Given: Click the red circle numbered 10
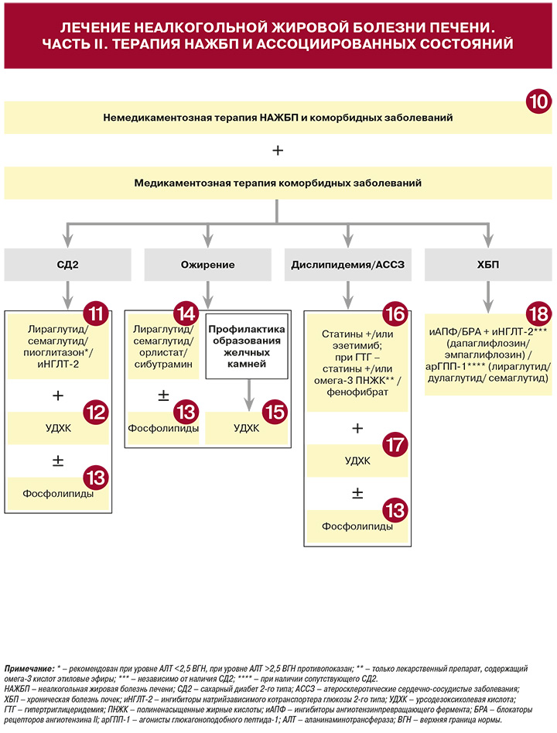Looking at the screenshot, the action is tap(538, 101).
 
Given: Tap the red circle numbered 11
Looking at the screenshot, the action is tap(96, 313).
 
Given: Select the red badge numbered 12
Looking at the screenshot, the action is tap(96, 413).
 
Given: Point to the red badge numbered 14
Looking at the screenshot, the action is tap(186, 313).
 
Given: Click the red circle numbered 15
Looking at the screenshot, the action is tap(275, 413).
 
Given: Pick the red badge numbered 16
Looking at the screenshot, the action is tap(395, 314).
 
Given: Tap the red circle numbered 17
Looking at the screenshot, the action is tap(395, 445).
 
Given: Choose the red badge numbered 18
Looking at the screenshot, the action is tap(538, 314).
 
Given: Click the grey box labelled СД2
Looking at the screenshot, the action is tap(68, 265).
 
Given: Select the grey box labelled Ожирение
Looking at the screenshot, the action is tap(208, 265).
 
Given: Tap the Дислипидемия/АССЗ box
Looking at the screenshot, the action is tap(348, 265).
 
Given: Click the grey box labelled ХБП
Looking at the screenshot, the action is tap(488, 265).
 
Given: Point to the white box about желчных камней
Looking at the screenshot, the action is tap(247, 346).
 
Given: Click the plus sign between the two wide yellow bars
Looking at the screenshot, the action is tap(278, 150).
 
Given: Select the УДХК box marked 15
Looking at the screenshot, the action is tap(247, 428).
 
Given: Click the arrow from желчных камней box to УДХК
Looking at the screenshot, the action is tap(249, 395).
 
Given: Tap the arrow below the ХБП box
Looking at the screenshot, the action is tap(488, 297).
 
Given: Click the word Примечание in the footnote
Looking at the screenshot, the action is tap(29, 669).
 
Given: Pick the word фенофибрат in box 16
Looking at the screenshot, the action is tap(357, 392).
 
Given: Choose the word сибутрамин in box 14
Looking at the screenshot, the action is tap(163, 364).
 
